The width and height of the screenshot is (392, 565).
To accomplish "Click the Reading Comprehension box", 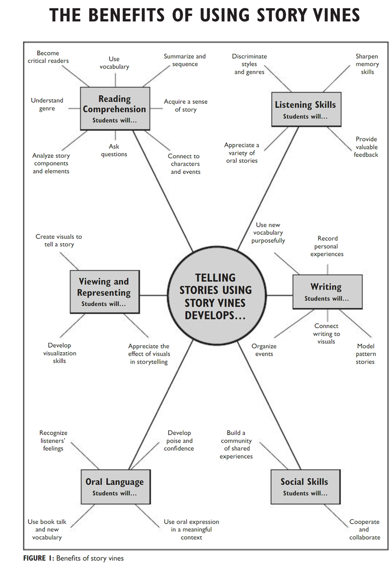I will coord(115,108).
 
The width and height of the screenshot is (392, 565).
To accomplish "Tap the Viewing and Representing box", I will coord(104,291).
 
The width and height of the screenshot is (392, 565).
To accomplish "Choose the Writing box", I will coord(326,291).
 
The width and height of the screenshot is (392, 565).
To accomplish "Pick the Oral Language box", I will coord(114,486).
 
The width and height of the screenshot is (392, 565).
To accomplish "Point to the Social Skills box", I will coord(304,486).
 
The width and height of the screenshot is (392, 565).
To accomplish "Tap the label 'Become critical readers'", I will coord(48,57).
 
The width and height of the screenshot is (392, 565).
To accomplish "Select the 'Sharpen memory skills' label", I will coord(367,64).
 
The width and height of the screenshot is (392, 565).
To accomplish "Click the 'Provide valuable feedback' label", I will coord(366,147).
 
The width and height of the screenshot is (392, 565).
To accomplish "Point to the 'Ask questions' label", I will coord(114,150).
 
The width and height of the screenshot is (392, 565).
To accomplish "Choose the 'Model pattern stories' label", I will coord(365,354).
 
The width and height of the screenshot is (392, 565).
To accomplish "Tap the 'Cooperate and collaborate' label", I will coord(364,530).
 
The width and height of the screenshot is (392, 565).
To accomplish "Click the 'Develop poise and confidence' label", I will coord(179,441).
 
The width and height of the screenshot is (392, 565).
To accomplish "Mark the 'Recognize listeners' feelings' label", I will coord(53,441).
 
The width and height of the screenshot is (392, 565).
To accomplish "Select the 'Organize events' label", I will coord(264,350).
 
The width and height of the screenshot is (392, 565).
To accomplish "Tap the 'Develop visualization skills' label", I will coord(59,353).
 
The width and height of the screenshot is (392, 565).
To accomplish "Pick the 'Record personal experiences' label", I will coord(327,246).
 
